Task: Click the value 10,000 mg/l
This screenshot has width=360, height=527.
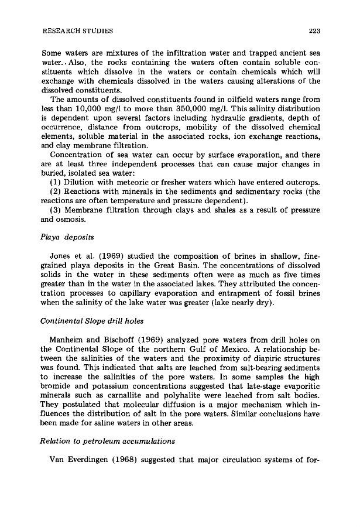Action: [x=87, y=109]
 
